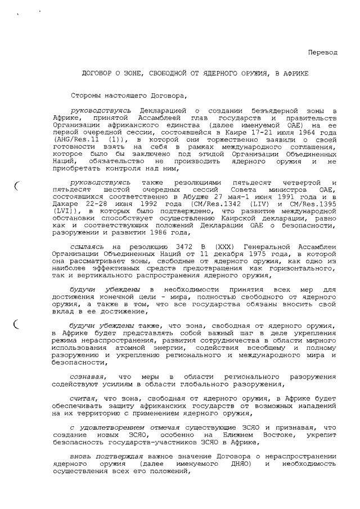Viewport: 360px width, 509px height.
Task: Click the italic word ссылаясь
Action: (88, 247)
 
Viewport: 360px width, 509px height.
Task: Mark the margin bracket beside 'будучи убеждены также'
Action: (17, 325)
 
